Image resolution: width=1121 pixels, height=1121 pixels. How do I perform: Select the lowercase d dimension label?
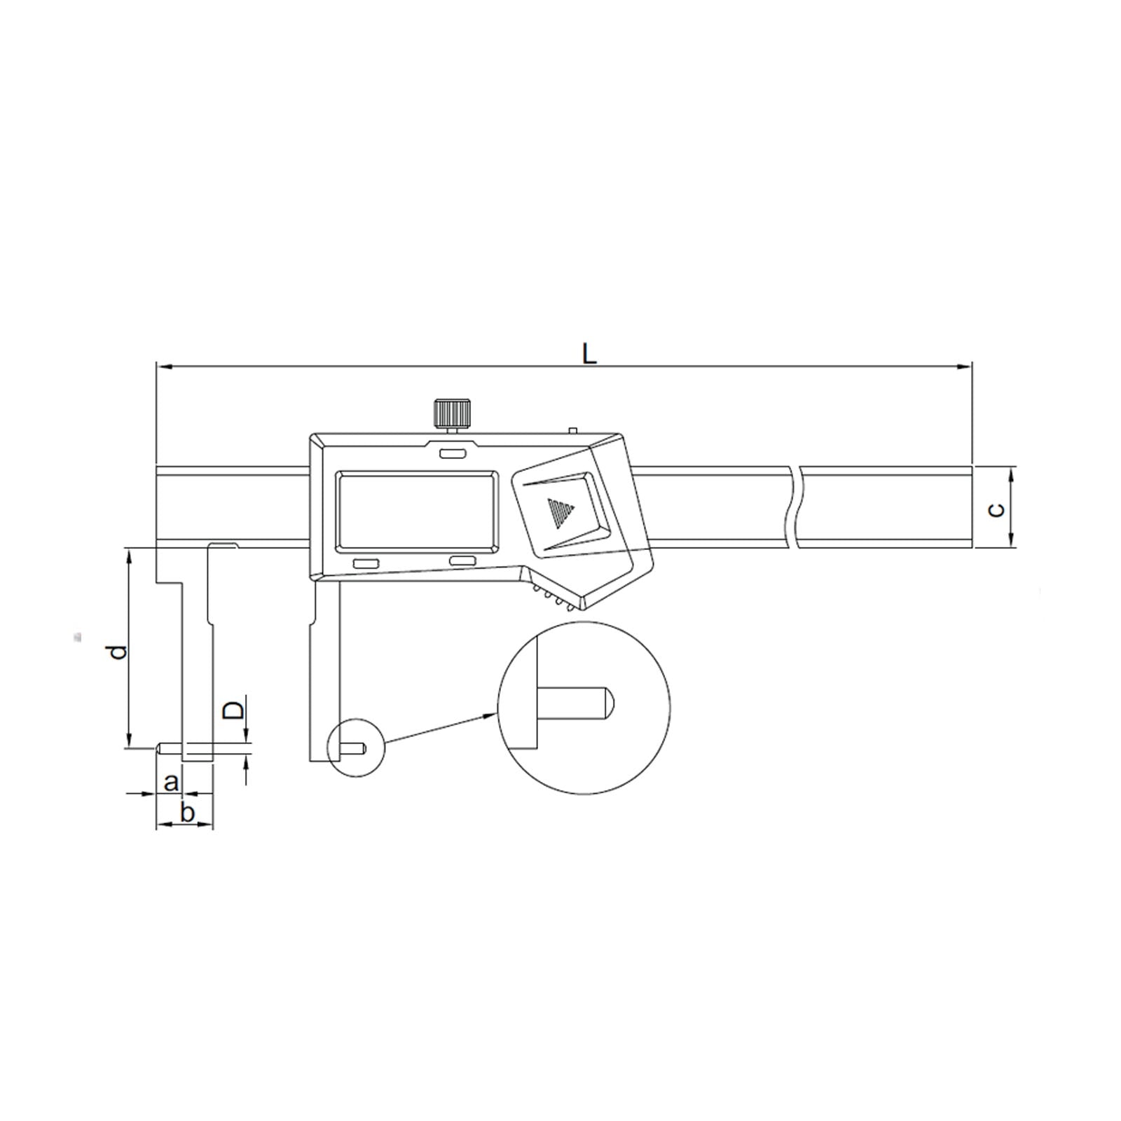tap(120, 651)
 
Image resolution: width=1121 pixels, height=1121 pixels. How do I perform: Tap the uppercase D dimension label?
tap(234, 710)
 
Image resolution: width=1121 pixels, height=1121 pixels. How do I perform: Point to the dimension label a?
tap(171, 782)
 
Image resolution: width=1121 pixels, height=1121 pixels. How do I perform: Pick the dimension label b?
tap(187, 813)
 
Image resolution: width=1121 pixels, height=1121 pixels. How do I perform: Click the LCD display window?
tap(418, 509)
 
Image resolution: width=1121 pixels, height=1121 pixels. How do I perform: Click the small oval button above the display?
tap(452, 454)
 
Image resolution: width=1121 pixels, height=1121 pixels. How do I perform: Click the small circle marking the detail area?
tap(355, 748)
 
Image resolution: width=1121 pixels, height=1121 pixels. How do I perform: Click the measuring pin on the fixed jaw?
tap(170, 748)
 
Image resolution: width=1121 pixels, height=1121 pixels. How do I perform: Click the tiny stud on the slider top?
tap(572, 429)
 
